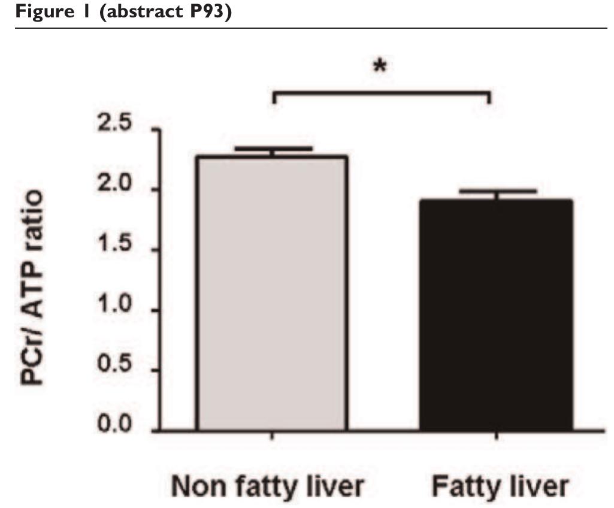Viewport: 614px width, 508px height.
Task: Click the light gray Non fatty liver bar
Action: [x=272, y=294]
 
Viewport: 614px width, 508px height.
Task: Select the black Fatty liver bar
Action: [x=497, y=315]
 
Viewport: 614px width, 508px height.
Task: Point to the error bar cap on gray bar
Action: [x=273, y=148]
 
